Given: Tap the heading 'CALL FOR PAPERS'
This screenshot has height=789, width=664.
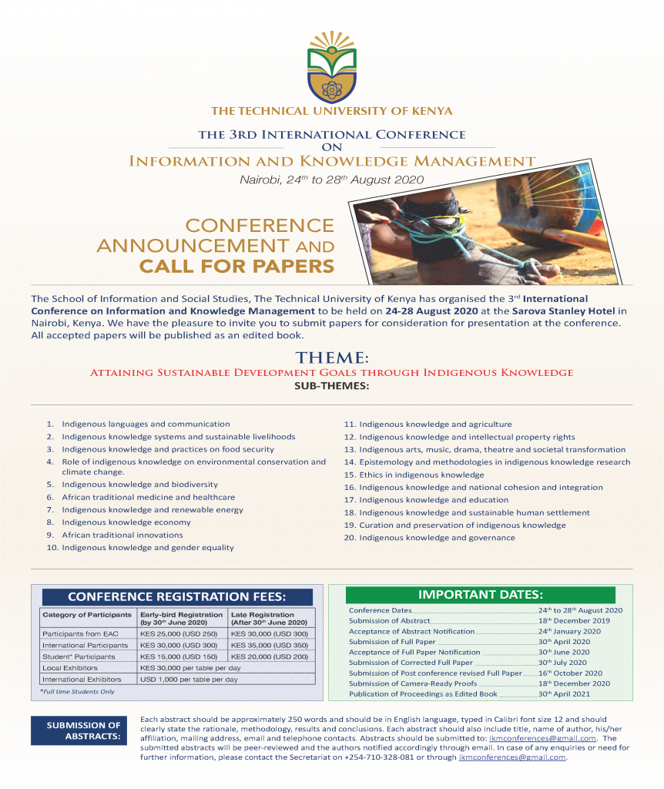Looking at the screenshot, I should (236, 267).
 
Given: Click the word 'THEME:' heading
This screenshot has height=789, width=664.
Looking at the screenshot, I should (331, 358).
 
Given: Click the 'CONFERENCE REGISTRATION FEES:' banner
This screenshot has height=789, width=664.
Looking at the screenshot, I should (177, 596).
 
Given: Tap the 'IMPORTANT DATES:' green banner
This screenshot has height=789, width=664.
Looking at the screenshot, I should (480, 595).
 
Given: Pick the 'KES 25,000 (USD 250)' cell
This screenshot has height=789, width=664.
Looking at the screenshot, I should (179, 633).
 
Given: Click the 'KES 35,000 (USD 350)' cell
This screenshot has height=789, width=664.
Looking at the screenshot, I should (270, 645).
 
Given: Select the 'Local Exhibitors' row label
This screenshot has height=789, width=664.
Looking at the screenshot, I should (70, 668).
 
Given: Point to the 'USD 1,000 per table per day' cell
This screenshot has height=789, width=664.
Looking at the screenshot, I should (189, 680).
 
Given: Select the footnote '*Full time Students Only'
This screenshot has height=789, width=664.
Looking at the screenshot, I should (77, 692).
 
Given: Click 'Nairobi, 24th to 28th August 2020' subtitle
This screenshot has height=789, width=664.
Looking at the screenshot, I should (331, 180).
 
